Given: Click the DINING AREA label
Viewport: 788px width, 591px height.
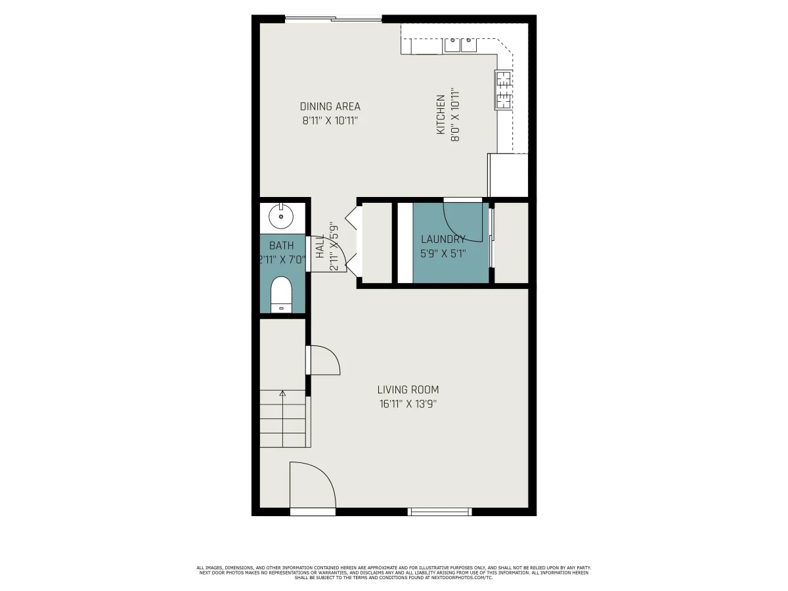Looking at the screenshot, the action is coord(330,106).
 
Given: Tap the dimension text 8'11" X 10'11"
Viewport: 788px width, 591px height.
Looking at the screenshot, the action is coord(330,121).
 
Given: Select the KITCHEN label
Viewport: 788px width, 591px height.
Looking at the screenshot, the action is coord(441,114).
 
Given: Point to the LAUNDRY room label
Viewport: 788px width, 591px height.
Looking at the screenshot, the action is coord(443,239).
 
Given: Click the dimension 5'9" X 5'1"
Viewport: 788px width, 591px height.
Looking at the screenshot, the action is coord(443,253).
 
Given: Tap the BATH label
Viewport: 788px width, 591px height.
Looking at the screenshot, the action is coord(282,246).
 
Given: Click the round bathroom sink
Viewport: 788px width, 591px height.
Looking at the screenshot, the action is coord(281,216).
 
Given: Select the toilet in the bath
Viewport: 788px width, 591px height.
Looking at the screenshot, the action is coord(281,295).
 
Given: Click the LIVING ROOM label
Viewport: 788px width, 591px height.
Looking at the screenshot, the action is coord(408,389).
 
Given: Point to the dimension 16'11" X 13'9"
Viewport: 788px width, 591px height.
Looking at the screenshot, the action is coord(408,404).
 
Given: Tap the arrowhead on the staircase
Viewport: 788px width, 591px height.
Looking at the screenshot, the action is coord(282,393).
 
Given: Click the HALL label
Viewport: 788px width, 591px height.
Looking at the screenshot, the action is coord(320,246).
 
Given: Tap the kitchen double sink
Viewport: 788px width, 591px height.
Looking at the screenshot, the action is coord(460,45).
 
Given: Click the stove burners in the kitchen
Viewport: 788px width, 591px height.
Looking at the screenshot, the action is coord(503,90).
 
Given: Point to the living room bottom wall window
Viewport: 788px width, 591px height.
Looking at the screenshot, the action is coord(440,512).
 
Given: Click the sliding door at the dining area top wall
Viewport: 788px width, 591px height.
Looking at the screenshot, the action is coord(333,19).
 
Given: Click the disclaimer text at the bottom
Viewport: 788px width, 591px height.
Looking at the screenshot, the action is coord(394,573).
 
